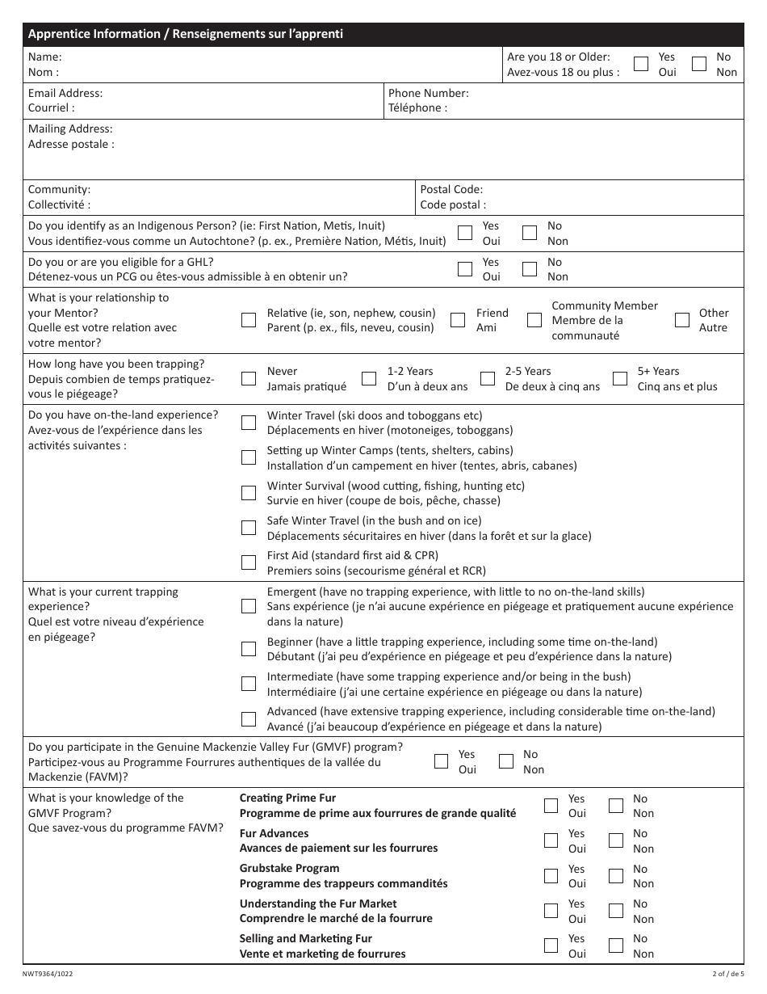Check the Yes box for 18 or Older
640,65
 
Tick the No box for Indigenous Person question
530,233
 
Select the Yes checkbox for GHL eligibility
465,269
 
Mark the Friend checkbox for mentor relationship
458,320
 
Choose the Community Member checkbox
534,320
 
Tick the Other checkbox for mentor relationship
682,320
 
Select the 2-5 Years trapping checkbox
488,378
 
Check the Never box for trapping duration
249,378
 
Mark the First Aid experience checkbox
249,562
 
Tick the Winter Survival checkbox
249,492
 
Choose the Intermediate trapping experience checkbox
249,684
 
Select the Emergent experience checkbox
249,606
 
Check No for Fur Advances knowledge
616,840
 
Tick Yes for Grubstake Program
551,876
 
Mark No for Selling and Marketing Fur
616,946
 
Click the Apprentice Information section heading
186,34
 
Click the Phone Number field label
428,93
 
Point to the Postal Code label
451,189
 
